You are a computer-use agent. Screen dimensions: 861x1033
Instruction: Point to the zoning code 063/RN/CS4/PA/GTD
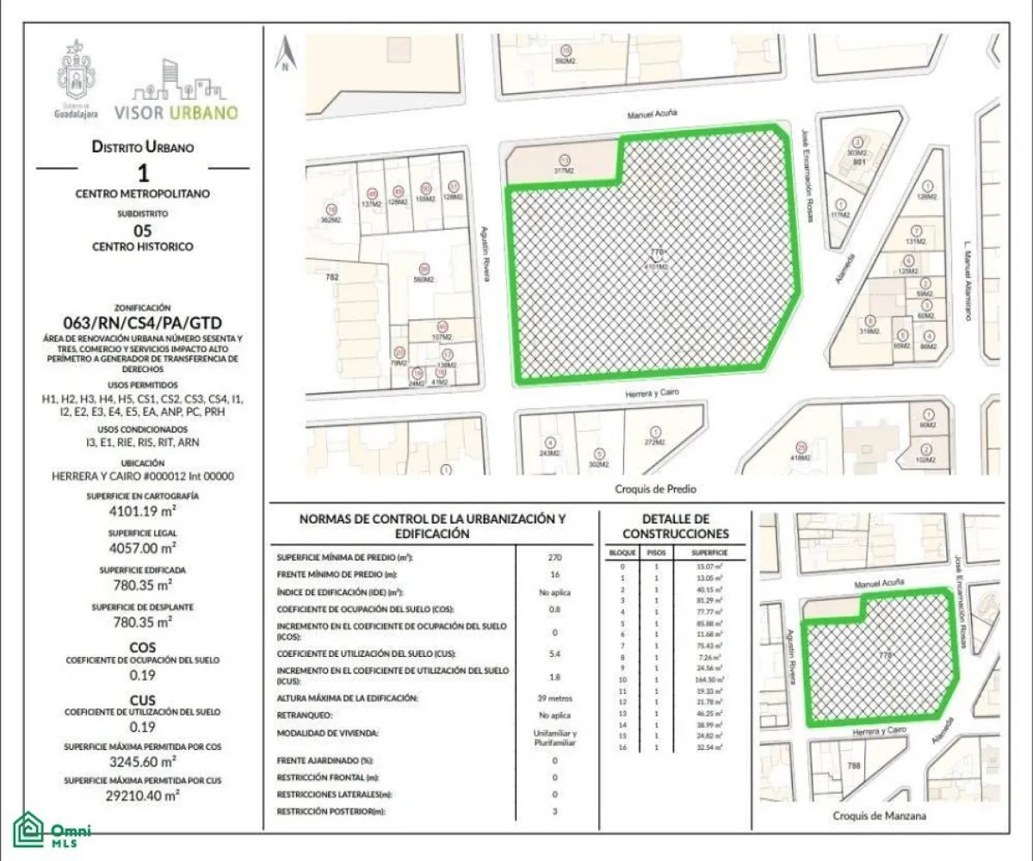(144, 323)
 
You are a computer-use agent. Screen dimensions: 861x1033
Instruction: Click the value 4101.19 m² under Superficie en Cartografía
(144, 512)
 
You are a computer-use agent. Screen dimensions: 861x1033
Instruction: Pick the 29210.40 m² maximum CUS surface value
(144, 796)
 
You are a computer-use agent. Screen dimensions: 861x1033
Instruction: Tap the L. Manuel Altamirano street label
(968, 280)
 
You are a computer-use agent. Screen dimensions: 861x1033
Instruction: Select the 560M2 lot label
(423, 280)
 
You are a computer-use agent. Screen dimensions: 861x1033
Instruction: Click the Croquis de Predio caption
(656, 489)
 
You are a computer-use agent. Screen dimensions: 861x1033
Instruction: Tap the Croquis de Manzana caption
(880, 815)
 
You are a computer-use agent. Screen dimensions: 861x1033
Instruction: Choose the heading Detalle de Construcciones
(676, 526)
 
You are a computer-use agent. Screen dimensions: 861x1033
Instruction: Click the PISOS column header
(656, 552)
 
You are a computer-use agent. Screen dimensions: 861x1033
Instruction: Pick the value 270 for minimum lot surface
(554, 557)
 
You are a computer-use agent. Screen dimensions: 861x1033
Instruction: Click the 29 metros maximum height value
(554, 697)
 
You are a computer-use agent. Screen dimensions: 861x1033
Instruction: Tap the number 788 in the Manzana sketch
(854, 765)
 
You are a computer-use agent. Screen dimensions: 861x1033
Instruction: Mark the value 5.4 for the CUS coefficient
(554, 653)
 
